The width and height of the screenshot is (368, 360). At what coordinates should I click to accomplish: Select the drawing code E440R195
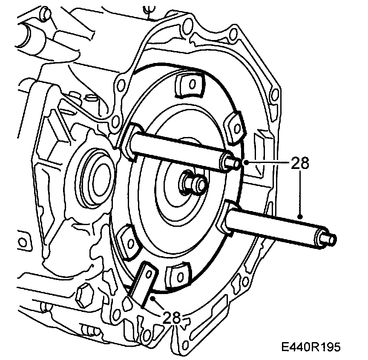click(x=310, y=347)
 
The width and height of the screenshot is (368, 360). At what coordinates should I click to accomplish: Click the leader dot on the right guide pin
click(x=300, y=217)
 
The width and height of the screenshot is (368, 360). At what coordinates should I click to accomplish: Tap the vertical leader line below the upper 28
click(x=300, y=191)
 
